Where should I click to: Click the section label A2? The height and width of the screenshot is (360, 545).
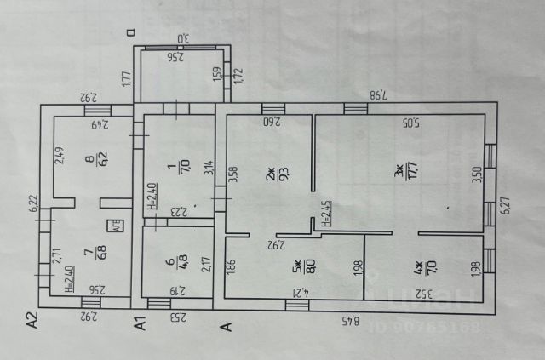(x=32, y=321)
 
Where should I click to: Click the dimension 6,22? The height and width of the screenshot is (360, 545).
(x=32, y=204)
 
